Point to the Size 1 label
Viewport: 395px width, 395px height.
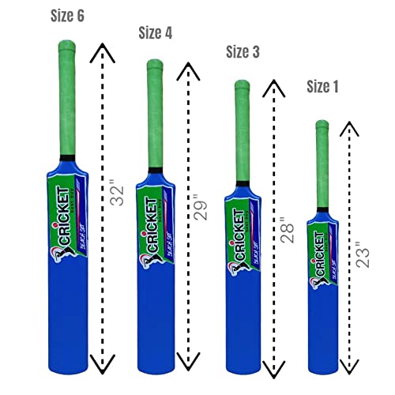(x=329, y=87)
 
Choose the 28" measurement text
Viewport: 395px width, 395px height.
(x=291, y=226)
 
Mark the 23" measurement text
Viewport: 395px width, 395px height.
(x=363, y=254)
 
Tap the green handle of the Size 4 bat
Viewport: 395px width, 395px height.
(x=155, y=111)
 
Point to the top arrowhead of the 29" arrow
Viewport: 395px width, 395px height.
(x=188, y=71)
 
